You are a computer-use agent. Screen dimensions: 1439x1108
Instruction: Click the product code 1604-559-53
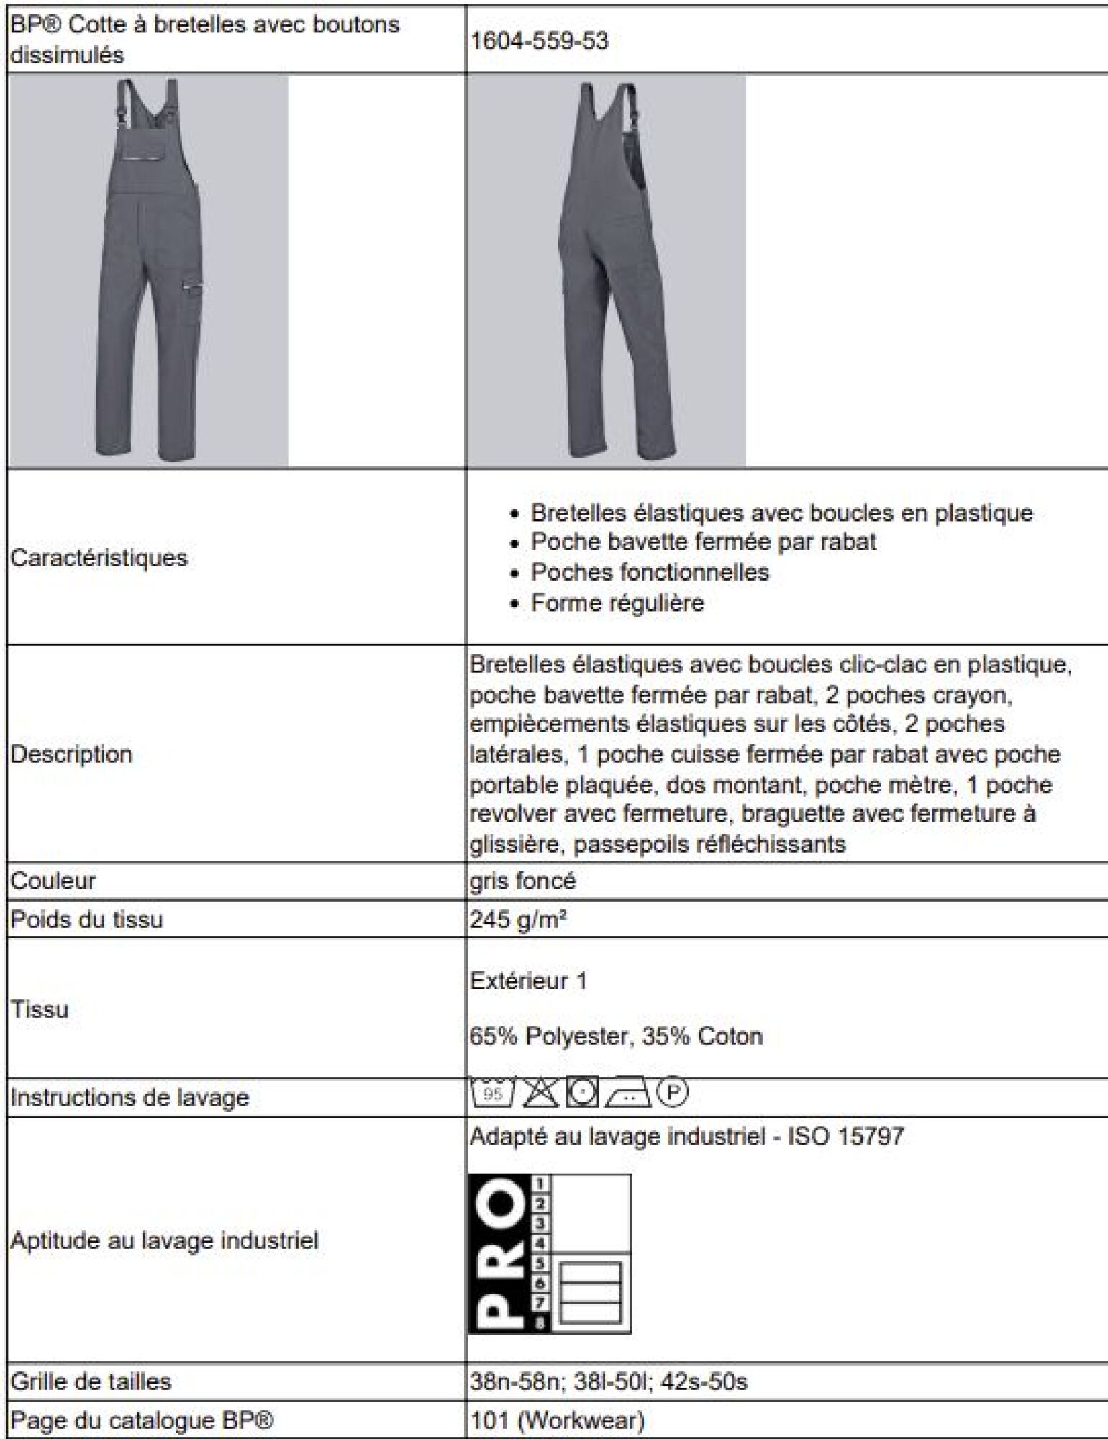pos(539,41)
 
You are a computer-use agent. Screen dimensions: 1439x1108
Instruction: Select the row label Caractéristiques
pos(99,558)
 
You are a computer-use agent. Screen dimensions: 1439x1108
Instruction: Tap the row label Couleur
pos(53,881)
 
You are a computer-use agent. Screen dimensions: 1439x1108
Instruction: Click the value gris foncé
pos(522,881)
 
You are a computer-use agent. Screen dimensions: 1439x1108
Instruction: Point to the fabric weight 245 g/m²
pos(518,919)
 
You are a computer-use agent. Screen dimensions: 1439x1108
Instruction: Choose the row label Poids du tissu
pos(86,919)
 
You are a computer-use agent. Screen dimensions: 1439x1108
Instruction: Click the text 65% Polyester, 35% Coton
pos(616,1036)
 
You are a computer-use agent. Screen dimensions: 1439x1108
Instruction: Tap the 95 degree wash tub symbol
pos(492,1093)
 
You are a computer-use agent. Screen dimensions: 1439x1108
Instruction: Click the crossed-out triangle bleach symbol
pos(540,1093)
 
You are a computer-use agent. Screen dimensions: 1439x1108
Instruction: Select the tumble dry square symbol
pos(582,1093)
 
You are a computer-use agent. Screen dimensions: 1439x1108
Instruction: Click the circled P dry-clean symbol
pos(673,1092)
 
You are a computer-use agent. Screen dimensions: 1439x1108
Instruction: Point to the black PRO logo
pos(499,1253)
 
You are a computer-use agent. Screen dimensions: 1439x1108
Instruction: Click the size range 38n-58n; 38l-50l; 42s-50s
pos(609,1381)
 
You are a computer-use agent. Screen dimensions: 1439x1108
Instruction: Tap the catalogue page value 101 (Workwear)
pos(557,1420)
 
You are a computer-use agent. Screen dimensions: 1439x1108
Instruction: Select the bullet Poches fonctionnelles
pos(650,572)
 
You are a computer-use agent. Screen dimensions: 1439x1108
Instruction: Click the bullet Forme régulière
pos(617,602)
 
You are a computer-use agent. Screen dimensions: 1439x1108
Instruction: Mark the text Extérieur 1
pos(528,981)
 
